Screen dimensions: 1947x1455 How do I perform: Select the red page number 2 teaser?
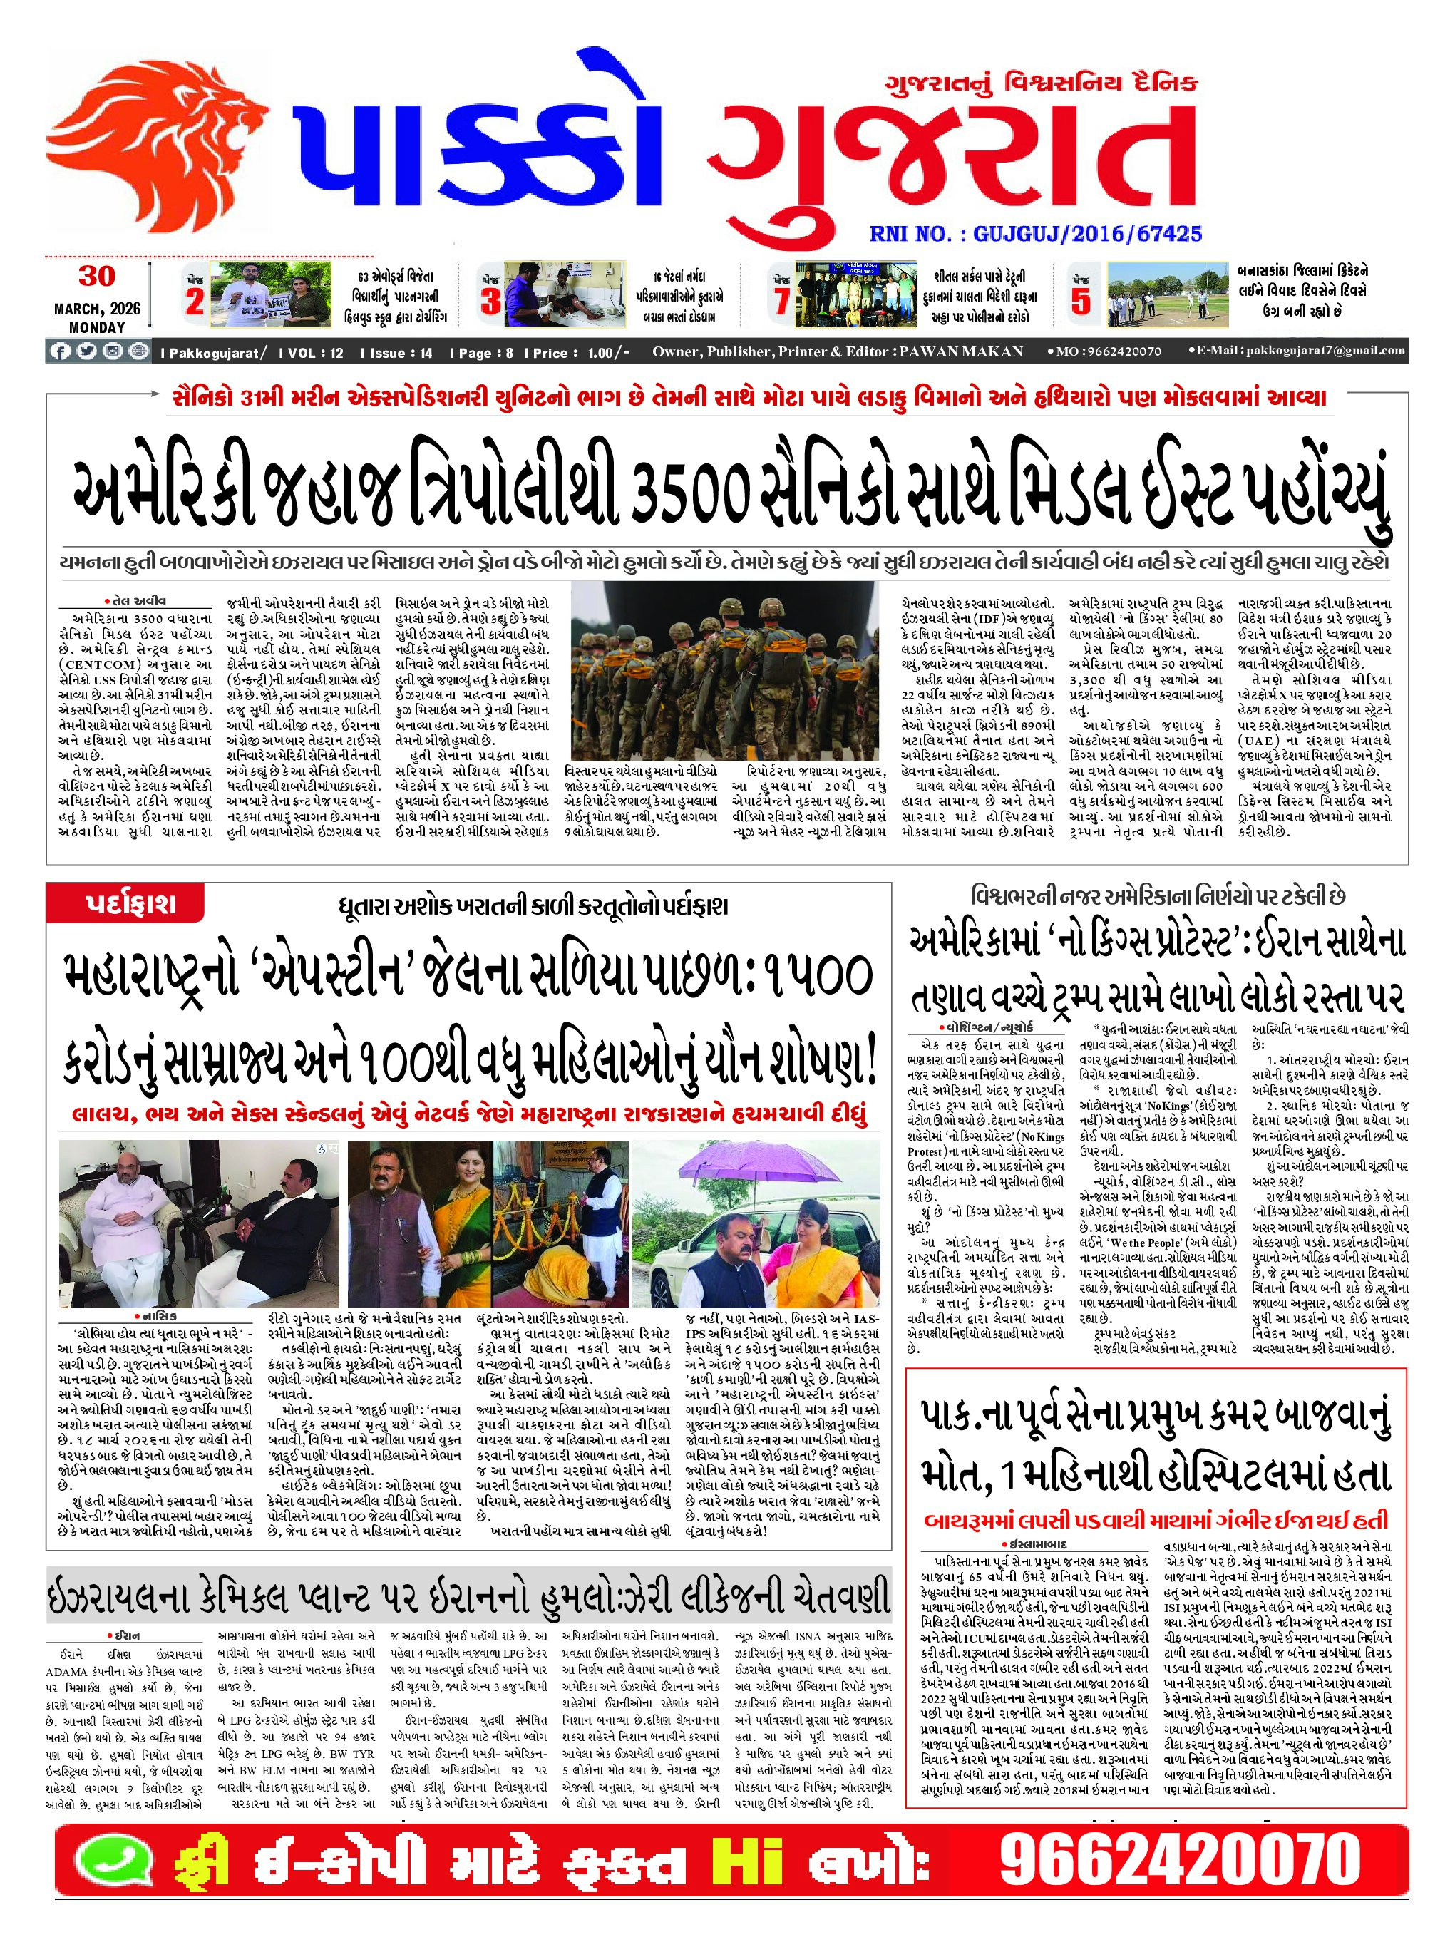(x=195, y=301)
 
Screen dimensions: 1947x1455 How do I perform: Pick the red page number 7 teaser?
(x=781, y=301)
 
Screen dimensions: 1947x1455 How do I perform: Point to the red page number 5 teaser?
(x=1081, y=301)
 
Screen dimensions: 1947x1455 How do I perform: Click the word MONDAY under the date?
(x=97, y=327)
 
